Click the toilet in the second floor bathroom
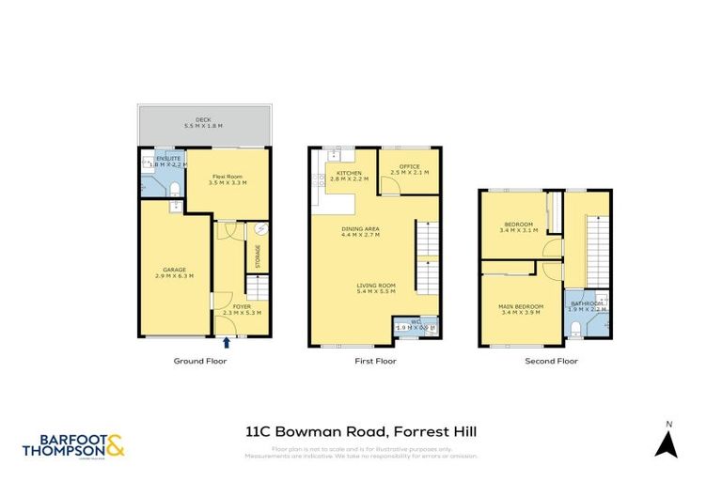coord(575,328)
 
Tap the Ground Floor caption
coord(200,361)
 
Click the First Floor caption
coord(375,361)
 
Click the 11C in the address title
coord(257,432)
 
